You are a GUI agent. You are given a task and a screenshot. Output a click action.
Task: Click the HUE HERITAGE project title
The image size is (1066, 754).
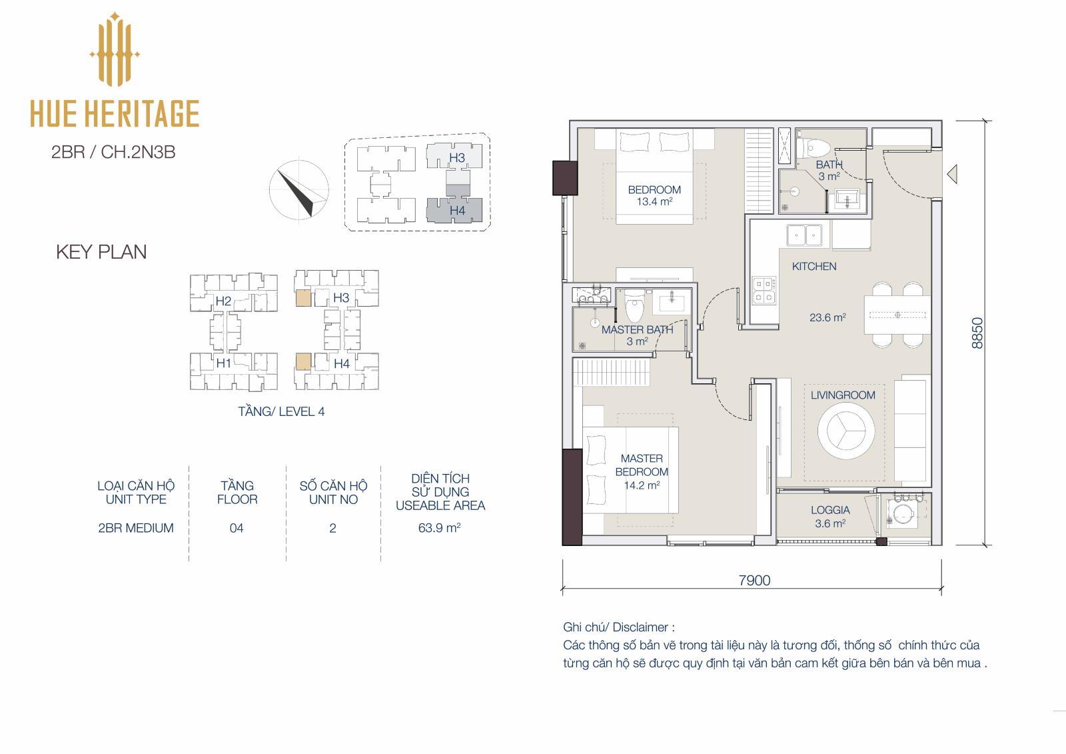(x=115, y=113)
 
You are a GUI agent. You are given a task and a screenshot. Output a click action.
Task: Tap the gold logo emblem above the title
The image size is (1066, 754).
(x=115, y=49)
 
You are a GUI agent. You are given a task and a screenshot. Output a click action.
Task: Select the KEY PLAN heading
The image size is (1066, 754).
(x=101, y=252)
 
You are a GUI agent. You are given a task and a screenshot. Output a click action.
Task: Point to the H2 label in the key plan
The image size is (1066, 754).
(x=223, y=301)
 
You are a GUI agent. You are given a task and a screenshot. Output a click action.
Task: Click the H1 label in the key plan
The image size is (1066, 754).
(x=224, y=363)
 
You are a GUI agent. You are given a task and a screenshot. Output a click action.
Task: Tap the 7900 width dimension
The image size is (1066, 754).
(x=754, y=580)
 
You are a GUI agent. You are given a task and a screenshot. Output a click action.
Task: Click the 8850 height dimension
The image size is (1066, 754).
(x=977, y=333)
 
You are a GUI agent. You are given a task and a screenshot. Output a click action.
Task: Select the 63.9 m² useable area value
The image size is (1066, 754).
(x=439, y=527)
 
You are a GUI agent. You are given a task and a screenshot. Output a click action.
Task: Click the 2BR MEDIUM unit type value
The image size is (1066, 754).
(x=136, y=528)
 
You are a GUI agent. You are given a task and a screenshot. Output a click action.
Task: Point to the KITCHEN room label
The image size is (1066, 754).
(x=813, y=266)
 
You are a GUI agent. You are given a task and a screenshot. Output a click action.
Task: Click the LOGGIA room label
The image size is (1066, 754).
(x=830, y=509)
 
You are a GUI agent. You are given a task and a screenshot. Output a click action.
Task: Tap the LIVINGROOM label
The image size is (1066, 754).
(x=843, y=395)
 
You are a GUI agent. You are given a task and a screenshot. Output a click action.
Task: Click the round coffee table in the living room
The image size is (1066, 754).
(x=846, y=431)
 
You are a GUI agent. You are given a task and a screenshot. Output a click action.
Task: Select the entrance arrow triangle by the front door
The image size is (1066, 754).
(x=952, y=173)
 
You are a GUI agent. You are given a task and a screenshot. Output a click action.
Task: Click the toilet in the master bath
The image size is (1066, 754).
(x=634, y=308)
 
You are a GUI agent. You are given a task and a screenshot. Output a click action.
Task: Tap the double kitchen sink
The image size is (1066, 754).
(x=804, y=235)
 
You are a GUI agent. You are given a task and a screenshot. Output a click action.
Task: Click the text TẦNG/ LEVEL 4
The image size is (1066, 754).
(x=281, y=411)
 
